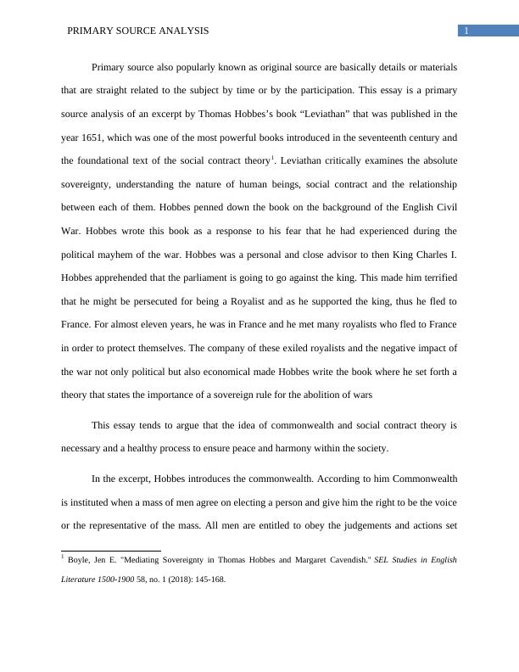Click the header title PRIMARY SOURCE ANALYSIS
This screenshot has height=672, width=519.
point(137,31)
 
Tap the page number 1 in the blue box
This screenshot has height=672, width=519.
point(466,31)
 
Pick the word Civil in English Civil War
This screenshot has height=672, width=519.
point(443,207)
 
